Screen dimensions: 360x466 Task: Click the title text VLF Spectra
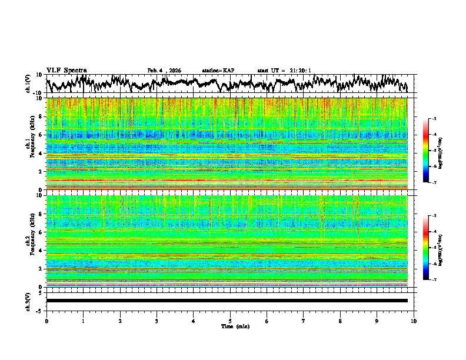[x=66, y=70]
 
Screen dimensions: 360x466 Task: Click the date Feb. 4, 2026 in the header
[x=164, y=71]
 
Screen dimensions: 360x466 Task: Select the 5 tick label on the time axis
[x=230, y=321]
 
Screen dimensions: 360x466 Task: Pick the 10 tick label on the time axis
[x=414, y=321]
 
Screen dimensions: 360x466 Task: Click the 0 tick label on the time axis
[x=46, y=321]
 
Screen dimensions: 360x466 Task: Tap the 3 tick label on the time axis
[x=157, y=321]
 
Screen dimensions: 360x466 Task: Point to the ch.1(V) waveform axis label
[x=29, y=84]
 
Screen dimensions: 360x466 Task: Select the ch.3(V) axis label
[x=29, y=301]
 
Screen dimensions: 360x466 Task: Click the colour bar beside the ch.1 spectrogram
[x=432, y=151]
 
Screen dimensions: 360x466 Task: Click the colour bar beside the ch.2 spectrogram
[x=432, y=248]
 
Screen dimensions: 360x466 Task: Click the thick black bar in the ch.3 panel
[x=227, y=301]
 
